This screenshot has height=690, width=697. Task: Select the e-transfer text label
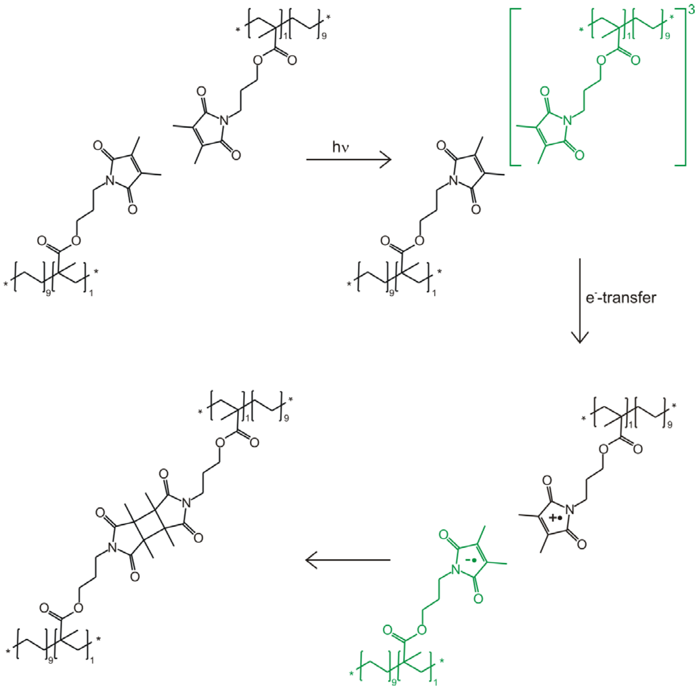pos(620,298)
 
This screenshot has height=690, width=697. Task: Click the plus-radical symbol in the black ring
pos(555,518)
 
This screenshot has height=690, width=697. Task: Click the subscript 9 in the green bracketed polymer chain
pos(667,36)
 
